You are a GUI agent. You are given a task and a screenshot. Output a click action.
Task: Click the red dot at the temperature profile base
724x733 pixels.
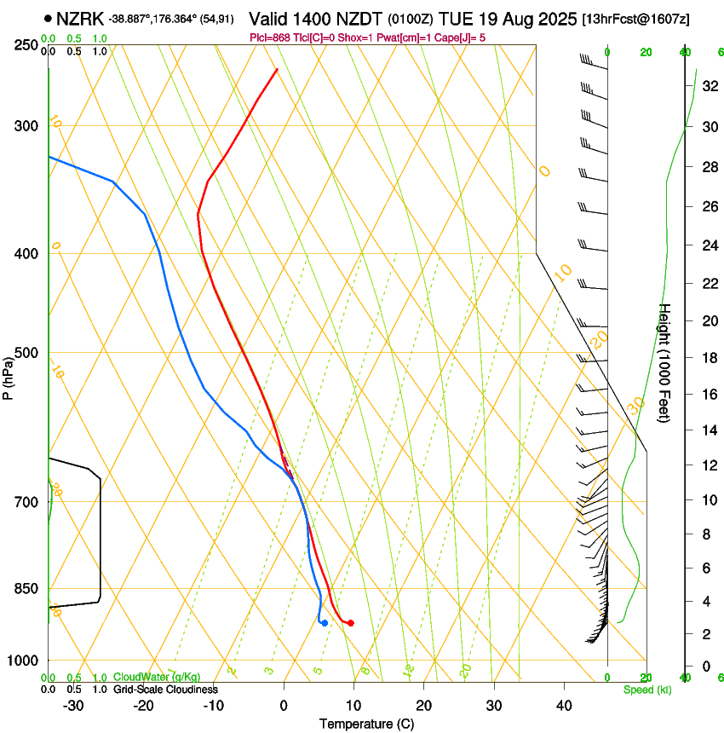pyautogui.click(x=350, y=623)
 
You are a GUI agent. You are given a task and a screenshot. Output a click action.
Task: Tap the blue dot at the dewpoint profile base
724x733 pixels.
pyautogui.click(x=325, y=623)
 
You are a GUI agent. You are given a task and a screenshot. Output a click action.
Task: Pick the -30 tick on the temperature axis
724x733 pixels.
pyautogui.click(x=73, y=706)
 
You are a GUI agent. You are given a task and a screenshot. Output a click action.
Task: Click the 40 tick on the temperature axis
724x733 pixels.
pyautogui.click(x=563, y=706)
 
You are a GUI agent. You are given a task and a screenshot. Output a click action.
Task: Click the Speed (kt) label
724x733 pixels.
pyautogui.click(x=647, y=690)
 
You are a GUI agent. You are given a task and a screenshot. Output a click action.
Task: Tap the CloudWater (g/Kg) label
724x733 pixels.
pyautogui.click(x=158, y=678)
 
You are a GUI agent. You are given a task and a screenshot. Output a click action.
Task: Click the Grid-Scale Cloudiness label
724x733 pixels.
pyautogui.click(x=165, y=690)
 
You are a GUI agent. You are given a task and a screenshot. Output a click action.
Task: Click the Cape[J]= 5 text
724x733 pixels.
pyautogui.click(x=465, y=38)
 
